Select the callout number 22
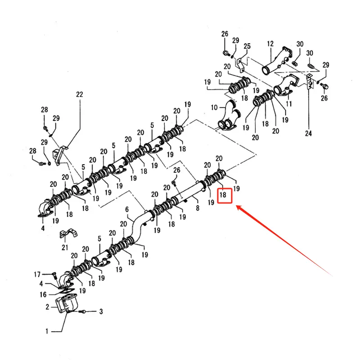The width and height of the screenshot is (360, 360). (x=80, y=94)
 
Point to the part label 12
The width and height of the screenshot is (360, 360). (x=270, y=44)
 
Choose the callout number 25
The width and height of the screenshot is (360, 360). (x=247, y=47)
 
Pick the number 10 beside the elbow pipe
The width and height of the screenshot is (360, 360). (x=215, y=108)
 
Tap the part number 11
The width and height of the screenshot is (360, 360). (x=289, y=104)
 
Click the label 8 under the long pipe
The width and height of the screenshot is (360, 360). (x=197, y=208)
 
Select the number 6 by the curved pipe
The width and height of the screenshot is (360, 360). (x=127, y=210)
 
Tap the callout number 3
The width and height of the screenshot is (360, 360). (x=101, y=311)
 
